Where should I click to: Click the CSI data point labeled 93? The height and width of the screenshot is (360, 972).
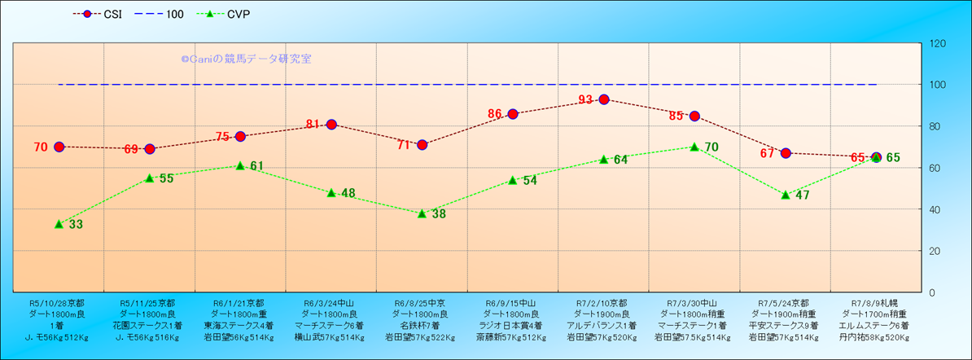604,99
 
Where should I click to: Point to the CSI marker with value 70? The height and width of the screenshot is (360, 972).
59,147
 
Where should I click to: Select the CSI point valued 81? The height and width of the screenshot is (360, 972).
331,124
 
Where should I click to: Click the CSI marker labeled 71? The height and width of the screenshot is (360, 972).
423,145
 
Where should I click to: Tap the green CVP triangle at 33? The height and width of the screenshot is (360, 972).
59,223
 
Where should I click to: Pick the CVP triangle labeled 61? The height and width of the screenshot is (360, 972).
240,165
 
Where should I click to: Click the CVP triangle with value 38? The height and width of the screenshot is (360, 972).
423,213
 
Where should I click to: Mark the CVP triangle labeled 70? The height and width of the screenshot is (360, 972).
694,147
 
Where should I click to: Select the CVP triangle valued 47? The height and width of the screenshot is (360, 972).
786,195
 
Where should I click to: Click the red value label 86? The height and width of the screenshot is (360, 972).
496,114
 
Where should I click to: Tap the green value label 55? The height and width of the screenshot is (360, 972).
166,178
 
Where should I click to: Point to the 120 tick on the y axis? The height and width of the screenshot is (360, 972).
937,43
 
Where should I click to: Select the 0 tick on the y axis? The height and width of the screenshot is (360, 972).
931,292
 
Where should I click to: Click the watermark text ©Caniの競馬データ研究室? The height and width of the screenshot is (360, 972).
246,59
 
